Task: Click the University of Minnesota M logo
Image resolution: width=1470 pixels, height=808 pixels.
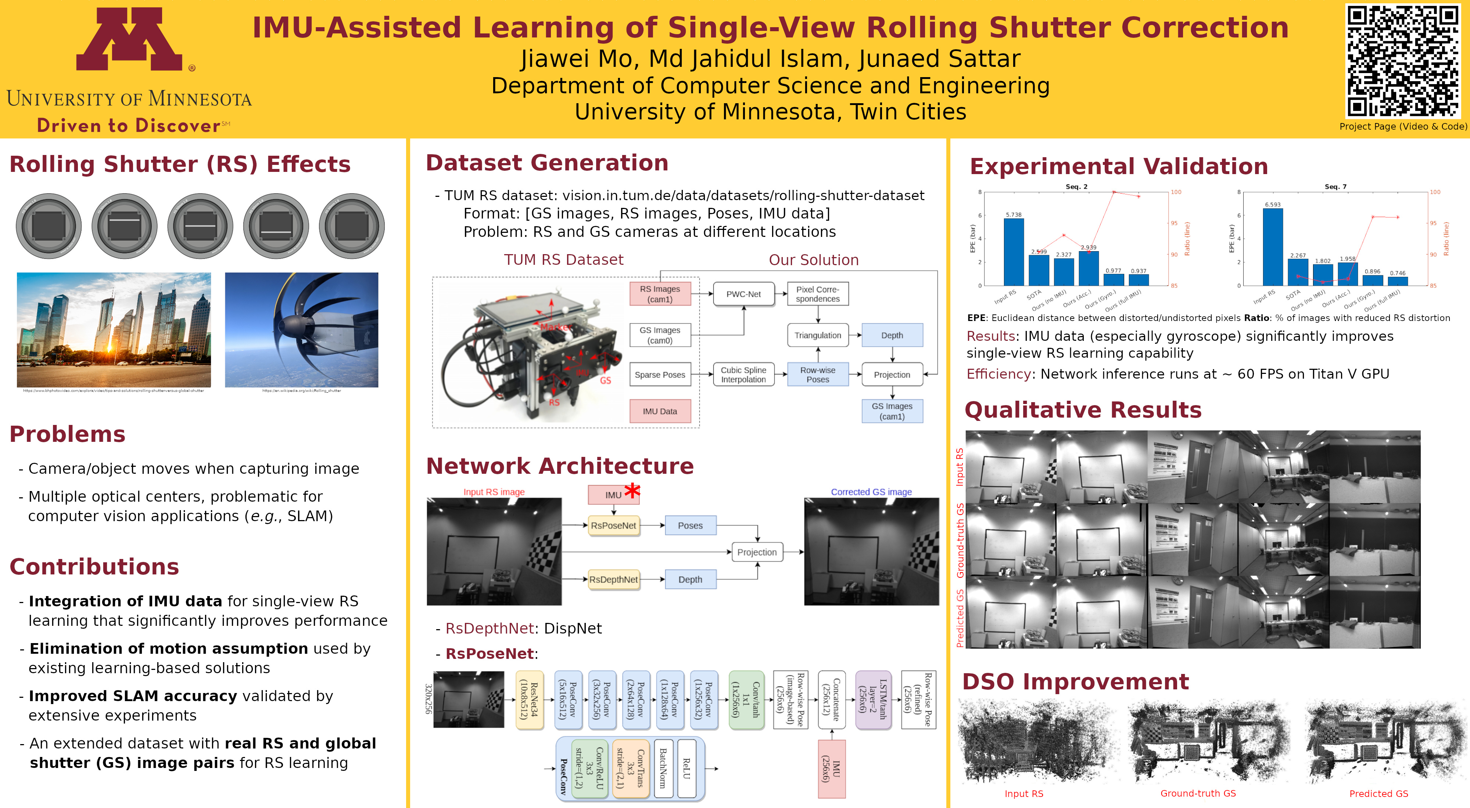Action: tap(129, 39)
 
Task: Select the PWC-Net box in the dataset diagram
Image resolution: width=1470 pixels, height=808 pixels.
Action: tap(743, 294)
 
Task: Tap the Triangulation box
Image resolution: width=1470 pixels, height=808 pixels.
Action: tap(817, 335)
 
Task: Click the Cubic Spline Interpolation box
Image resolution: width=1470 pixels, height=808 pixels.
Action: tap(743, 375)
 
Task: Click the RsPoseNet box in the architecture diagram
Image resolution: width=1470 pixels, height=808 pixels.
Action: tap(613, 525)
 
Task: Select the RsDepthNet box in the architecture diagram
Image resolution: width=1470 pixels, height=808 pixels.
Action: tap(613, 579)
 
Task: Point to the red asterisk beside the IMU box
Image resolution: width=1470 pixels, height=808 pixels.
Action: tap(632, 490)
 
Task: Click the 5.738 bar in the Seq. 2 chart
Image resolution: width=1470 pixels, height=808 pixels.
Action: tap(1014, 252)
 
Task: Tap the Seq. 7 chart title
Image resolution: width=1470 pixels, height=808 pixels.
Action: tap(1335, 187)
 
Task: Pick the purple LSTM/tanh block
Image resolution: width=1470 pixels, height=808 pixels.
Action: tap(871, 700)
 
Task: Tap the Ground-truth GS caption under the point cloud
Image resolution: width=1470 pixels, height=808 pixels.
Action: tap(1198, 793)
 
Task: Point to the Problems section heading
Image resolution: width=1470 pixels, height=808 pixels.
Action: tap(67, 434)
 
